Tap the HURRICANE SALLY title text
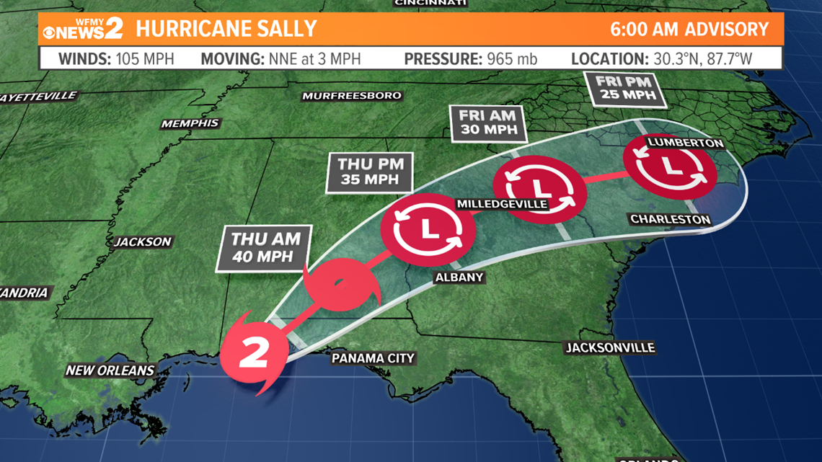[226, 29]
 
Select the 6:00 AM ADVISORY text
[689, 30]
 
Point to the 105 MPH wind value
[145, 58]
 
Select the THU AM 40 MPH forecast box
[262, 247]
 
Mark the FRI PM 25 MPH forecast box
[626, 88]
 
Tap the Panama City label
[373, 358]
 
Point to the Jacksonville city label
[609, 348]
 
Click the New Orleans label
[110, 370]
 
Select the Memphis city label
[190, 124]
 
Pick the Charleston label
[670, 219]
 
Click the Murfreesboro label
[352, 96]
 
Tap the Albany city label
[459, 277]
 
